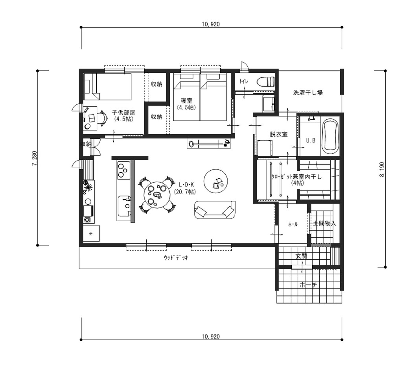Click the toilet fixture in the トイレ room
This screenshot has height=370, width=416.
[265, 82]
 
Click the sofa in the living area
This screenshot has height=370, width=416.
[215, 210]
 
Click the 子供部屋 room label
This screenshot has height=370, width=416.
[123, 112]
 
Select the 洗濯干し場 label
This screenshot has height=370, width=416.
[308, 93]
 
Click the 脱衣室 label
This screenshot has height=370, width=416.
[278, 134]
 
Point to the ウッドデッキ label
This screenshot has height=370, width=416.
[176, 258]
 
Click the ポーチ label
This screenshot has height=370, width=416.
[308, 285]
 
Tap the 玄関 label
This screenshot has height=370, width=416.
[301, 256]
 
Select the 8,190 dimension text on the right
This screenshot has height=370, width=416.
[381, 169]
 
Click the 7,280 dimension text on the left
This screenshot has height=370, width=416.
[35, 158]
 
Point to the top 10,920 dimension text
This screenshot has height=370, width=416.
[211, 24]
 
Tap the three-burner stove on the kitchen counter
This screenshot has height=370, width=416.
[123, 170]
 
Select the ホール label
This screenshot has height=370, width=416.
[293, 224]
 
